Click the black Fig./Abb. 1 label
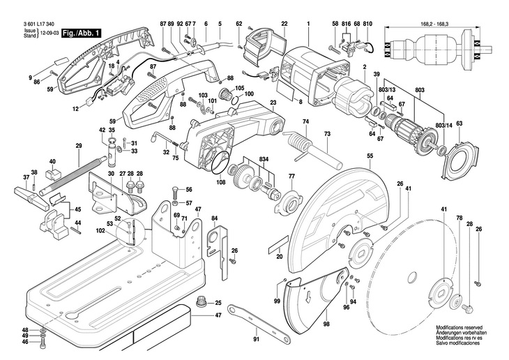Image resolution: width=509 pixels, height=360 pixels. [x=82, y=33]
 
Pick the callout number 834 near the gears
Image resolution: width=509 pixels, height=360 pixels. [x=264, y=160]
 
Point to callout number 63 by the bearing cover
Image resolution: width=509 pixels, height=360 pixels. [x=459, y=123]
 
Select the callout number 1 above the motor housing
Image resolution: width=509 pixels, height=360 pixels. [x=307, y=24]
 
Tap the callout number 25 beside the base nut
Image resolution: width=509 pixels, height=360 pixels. [x=218, y=303]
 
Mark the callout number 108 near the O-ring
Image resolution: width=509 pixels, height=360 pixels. [x=220, y=183]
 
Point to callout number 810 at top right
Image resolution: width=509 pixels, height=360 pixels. [x=367, y=24]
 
